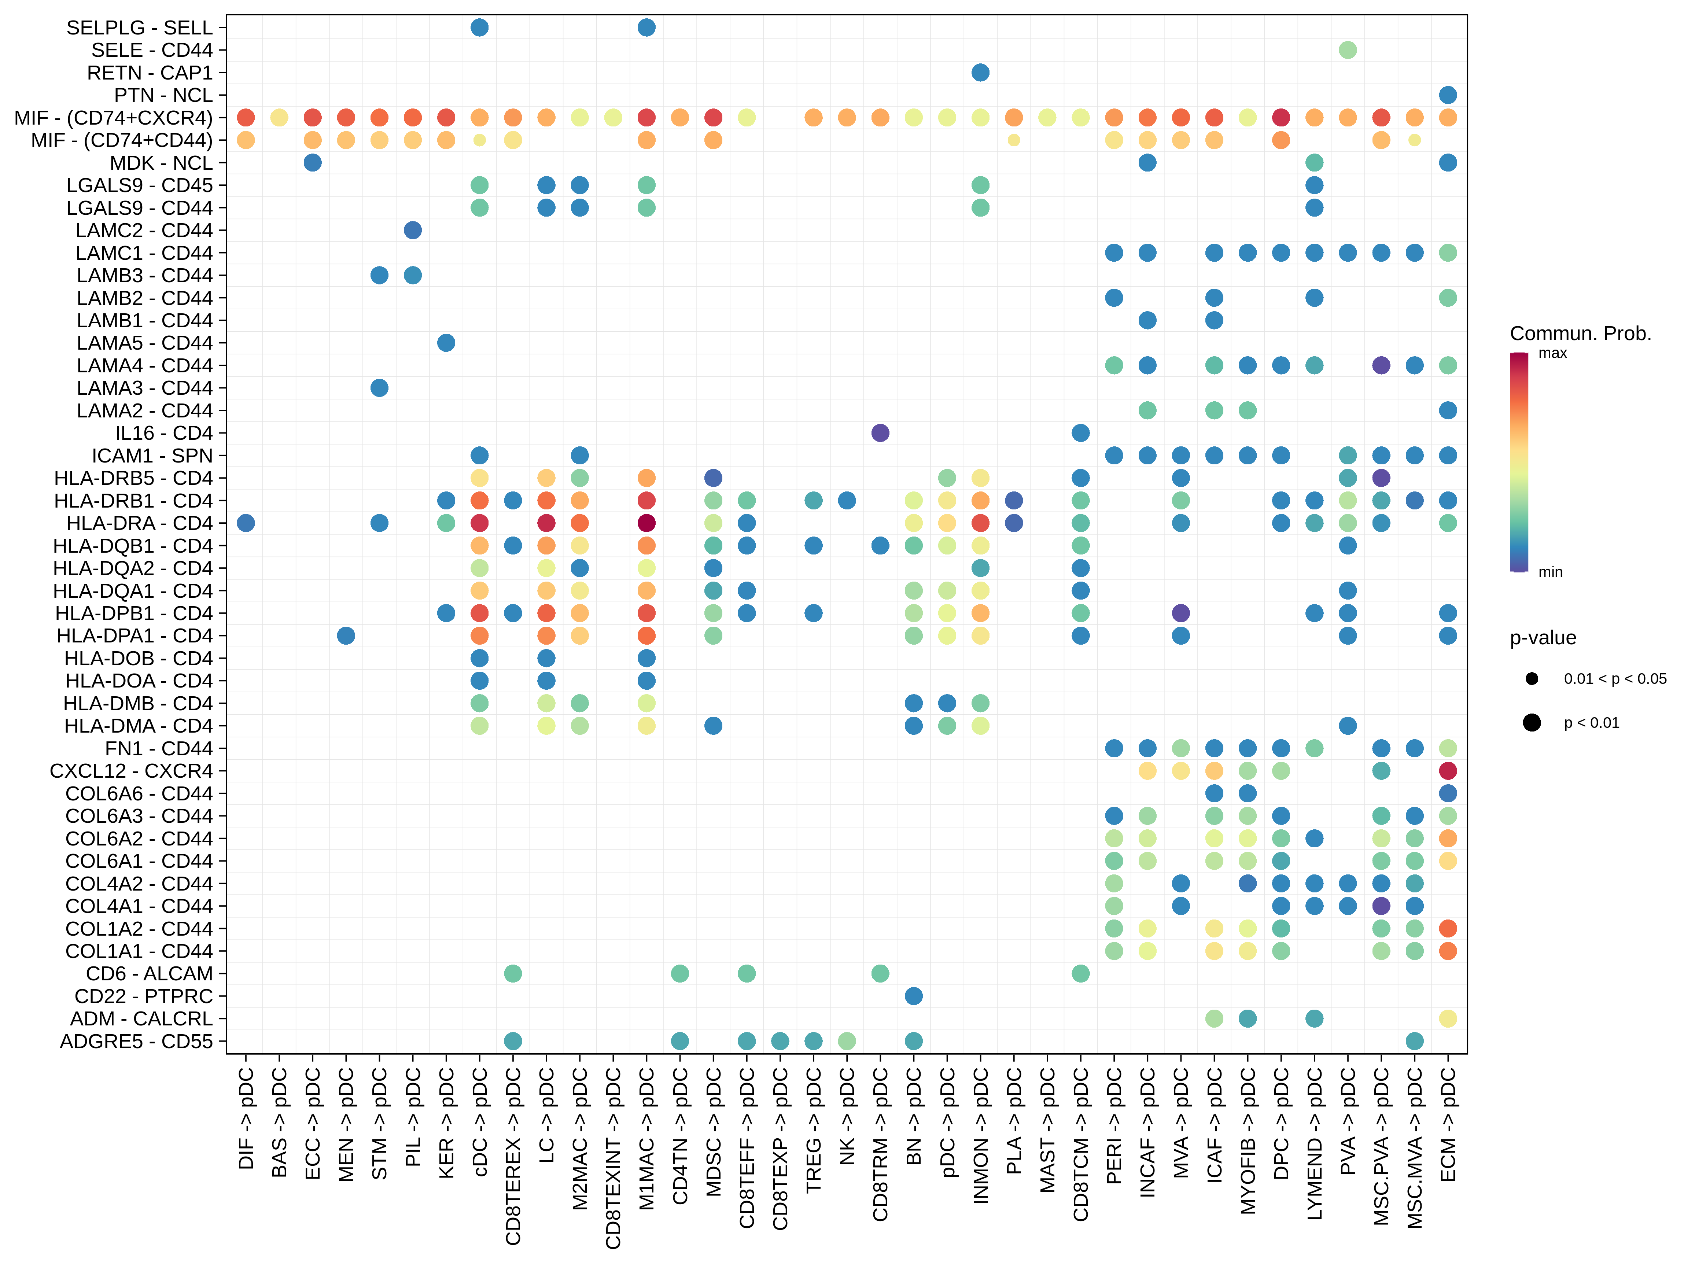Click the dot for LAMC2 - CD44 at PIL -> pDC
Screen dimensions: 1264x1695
click(412, 230)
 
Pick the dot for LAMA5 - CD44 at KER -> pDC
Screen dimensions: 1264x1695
click(446, 343)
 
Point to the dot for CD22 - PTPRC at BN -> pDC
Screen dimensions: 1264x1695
click(913, 996)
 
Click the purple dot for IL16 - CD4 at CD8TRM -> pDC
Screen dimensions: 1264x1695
click(880, 433)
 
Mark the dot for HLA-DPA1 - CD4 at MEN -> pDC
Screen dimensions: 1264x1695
click(346, 636)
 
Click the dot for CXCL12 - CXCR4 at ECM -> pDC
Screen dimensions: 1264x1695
click(1447, 771)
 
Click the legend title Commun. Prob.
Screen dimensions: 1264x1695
click(1580, 333)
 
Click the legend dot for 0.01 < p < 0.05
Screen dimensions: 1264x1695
click(1531, 679)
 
